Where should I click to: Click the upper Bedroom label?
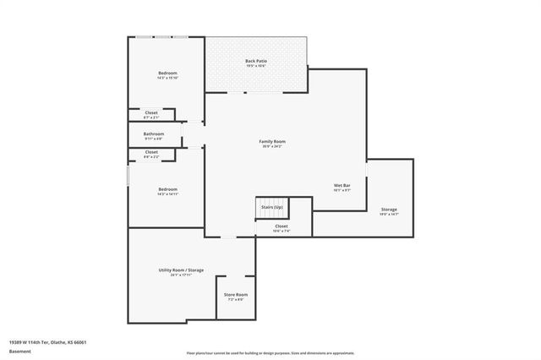[167, 74]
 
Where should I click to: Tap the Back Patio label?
[256, 61]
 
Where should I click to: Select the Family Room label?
[271, 141]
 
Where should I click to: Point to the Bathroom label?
[153, 134]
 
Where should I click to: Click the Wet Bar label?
[343, 185]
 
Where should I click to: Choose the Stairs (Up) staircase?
[271, 207]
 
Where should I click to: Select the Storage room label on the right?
[389, 209]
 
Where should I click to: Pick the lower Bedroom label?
[167, 189]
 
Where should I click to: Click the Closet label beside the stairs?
[281, 226]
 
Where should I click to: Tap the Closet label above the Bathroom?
[151, 112]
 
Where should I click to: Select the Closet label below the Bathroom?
[151, 152]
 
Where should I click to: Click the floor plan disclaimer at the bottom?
[270, 352]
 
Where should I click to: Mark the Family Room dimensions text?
[271, 146]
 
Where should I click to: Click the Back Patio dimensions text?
[256, 66]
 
